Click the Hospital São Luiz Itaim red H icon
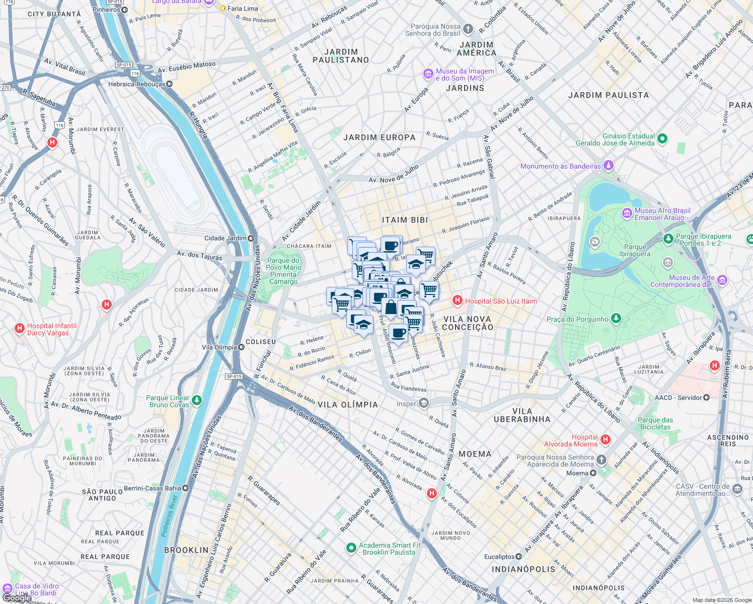point(457,301)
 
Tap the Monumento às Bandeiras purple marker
point(609,166)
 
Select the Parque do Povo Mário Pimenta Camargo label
point(284,271)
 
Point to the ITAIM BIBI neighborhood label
point(405,220)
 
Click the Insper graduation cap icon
point(424,403)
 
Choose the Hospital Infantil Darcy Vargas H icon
point(20,329)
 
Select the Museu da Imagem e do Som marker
point(428,74)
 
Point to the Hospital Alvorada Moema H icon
point(606,440)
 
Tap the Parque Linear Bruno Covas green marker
point(197,401)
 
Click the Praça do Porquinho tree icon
point(616,319)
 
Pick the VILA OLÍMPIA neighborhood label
point(348,405)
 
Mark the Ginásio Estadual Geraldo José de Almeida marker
point(662,138)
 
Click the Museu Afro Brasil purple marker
point(627,213)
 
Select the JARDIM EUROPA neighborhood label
point(380,137)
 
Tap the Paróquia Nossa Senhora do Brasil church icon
point(468,29)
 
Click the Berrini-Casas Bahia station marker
point(186,488)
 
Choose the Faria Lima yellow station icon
point(223,8)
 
